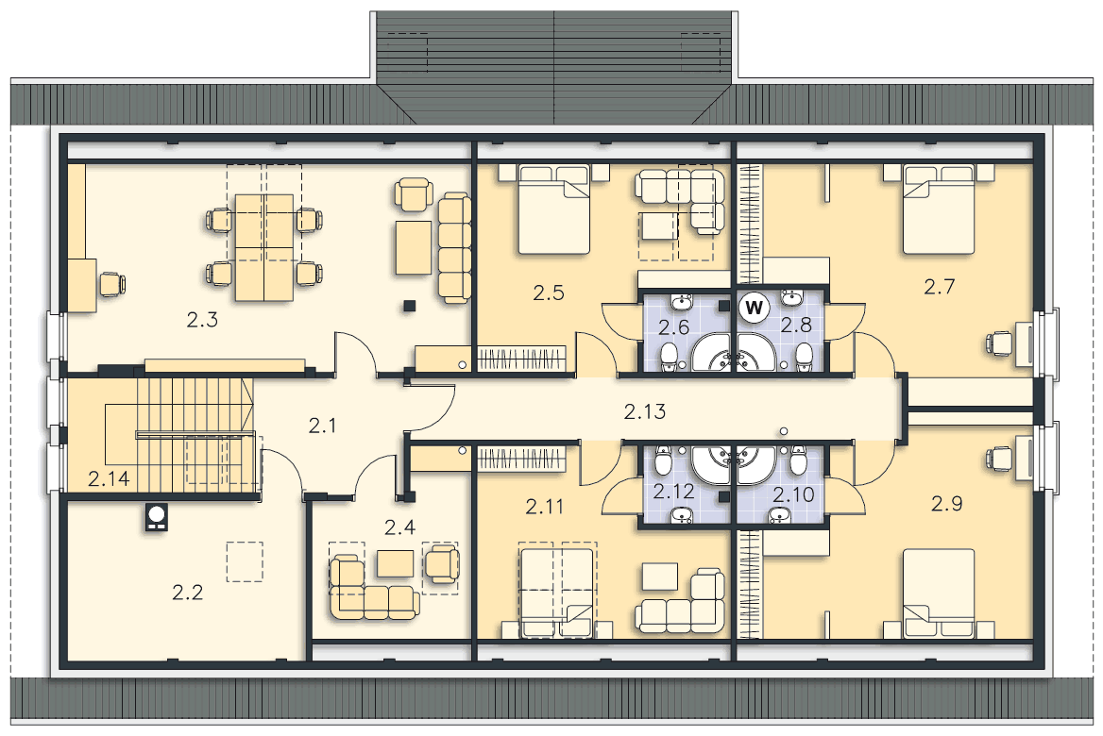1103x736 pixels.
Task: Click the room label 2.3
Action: click(x=202, y=321)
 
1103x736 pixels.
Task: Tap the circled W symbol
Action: click(x=754, y=308)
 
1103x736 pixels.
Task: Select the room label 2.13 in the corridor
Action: click(x=644, y=412)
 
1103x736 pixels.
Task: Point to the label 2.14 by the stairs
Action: click(x=109, y=479)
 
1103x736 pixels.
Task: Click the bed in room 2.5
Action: click(x=553, y=209)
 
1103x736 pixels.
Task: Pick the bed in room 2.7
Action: click(x=939, y=209)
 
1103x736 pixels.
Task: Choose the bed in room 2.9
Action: click(x=939, y=593)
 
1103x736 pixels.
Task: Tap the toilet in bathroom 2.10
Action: click(x=797, y=460)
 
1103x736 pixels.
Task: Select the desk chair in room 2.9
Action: click(x=999, y=460)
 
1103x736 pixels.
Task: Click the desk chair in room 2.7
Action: click(x=999, y=343)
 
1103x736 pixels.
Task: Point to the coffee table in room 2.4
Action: click(x=395, y=563)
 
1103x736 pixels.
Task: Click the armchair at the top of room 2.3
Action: click(x=414, y=193)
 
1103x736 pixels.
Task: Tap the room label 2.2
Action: click(x=187, y=593)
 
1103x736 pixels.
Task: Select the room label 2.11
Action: click(x=545, y=506)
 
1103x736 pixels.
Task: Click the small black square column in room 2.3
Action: click(x=409, y=306)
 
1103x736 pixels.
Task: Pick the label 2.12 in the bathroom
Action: click(x=673, y=492)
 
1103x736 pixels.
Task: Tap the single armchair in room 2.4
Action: click(x=442, y=563)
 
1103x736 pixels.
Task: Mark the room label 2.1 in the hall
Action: click(x=322, y=426)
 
